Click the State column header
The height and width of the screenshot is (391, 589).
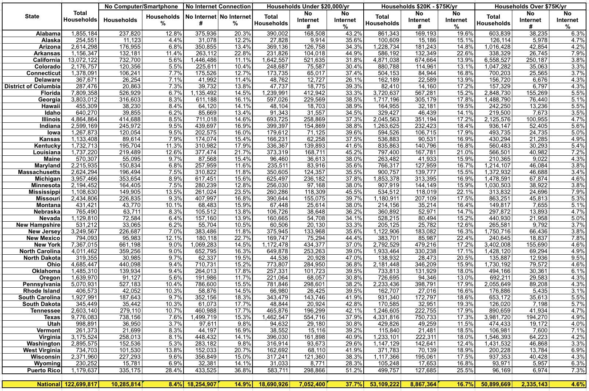(32, 16)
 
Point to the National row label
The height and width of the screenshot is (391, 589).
(48, 384)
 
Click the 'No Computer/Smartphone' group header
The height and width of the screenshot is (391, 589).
(141, 6)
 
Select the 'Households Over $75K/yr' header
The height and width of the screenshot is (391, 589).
(530, 6)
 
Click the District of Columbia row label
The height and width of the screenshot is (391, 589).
(32, 86)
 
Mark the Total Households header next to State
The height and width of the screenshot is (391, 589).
(80, 16)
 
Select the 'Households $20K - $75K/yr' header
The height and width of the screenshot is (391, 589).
(419, 6)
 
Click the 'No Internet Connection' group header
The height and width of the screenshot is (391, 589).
(218, 6)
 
